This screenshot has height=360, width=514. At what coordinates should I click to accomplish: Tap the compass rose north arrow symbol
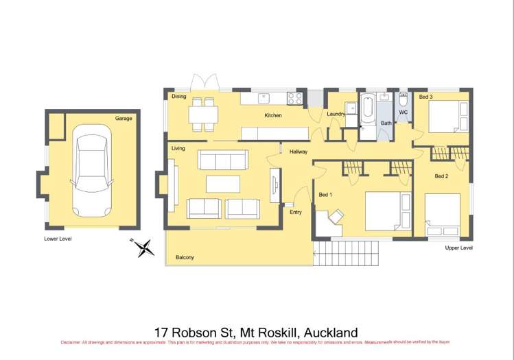(144, 246)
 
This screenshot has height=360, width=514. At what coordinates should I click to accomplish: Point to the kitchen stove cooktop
(295, 98)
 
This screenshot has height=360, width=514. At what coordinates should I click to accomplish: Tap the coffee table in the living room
(224, 184)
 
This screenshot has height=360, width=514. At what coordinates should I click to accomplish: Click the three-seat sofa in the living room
(223, 160)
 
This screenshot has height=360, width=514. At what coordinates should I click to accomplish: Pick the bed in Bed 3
(448, 117)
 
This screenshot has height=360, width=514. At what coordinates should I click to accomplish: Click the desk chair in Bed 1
(336, 217)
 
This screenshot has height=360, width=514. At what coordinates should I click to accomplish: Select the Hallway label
(298, 152)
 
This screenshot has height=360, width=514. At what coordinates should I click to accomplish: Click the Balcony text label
(185, 258)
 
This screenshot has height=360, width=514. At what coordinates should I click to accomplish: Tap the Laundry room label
(335, 114)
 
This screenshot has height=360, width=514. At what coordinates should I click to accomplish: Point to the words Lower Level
(58, 239)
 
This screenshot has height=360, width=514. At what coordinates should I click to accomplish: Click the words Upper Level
(458, 248)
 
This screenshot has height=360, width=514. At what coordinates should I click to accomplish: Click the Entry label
(295, 212)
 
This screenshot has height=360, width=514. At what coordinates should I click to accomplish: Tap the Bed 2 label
(441, 176)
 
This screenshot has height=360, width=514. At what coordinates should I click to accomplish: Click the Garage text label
(124, 118)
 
